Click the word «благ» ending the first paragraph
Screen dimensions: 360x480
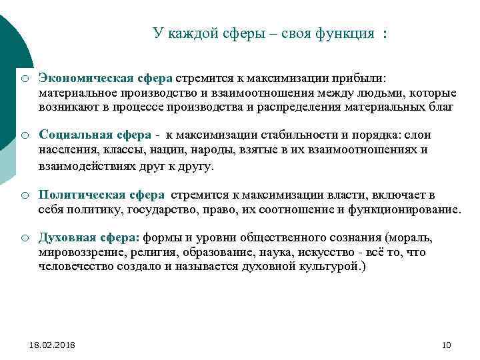(x=441, y=106)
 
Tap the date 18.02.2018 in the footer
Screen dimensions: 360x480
(x=52, y=345)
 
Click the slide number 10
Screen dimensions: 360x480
(x=447, y=345)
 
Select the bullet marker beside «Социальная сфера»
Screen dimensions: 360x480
(x=24, y=136)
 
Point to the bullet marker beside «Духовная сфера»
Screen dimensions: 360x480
(x=24, y=239)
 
